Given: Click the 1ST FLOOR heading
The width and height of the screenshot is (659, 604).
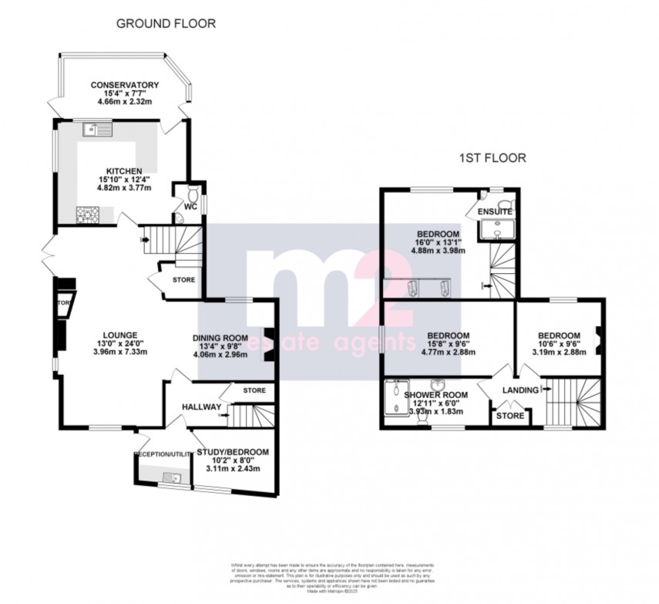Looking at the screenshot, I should (493, 159).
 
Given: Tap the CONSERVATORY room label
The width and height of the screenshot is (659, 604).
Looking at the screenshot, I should (124, 85).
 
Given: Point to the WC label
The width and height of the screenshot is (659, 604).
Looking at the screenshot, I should (190, 207).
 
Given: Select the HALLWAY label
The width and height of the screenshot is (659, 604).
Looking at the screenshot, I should (201, 407).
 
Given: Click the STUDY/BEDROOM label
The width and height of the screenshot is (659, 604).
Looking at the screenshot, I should (233, 451).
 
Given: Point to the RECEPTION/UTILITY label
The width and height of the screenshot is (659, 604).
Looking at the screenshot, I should (163, 454).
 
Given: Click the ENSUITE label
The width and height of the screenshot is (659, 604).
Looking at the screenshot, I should (495, 211).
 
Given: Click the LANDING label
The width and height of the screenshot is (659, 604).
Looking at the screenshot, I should (519, 390).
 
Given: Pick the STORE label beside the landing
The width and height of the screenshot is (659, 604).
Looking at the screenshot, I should (509, 416).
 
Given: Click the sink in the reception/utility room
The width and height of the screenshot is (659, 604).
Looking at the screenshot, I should (173, 479).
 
